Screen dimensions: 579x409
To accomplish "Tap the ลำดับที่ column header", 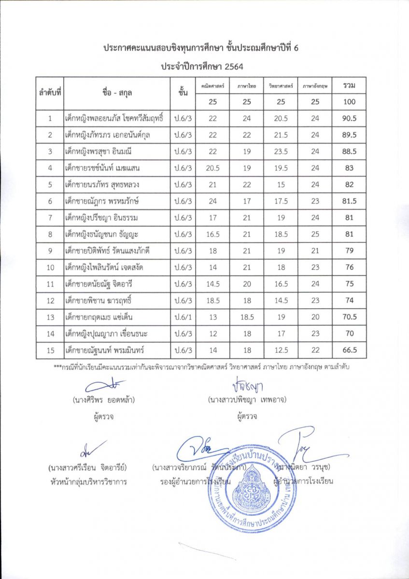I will click(50, 93).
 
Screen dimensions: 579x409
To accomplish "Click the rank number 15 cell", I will click(50, 350).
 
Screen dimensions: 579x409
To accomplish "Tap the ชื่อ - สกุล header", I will click(117, 93).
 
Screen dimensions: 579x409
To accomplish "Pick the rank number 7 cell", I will click(50, 218).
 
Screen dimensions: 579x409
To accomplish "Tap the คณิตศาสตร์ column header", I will click(212, 85).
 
